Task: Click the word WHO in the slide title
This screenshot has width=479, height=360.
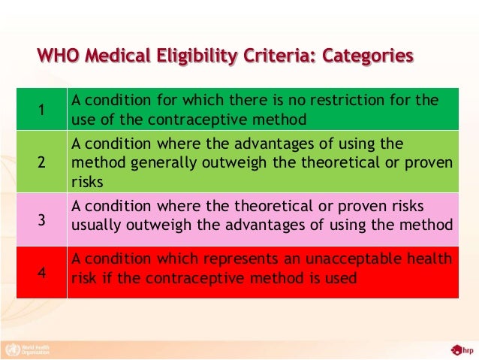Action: (58, 56)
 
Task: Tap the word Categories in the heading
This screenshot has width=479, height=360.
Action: (365, 56)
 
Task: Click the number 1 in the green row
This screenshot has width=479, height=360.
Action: (41, 110)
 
